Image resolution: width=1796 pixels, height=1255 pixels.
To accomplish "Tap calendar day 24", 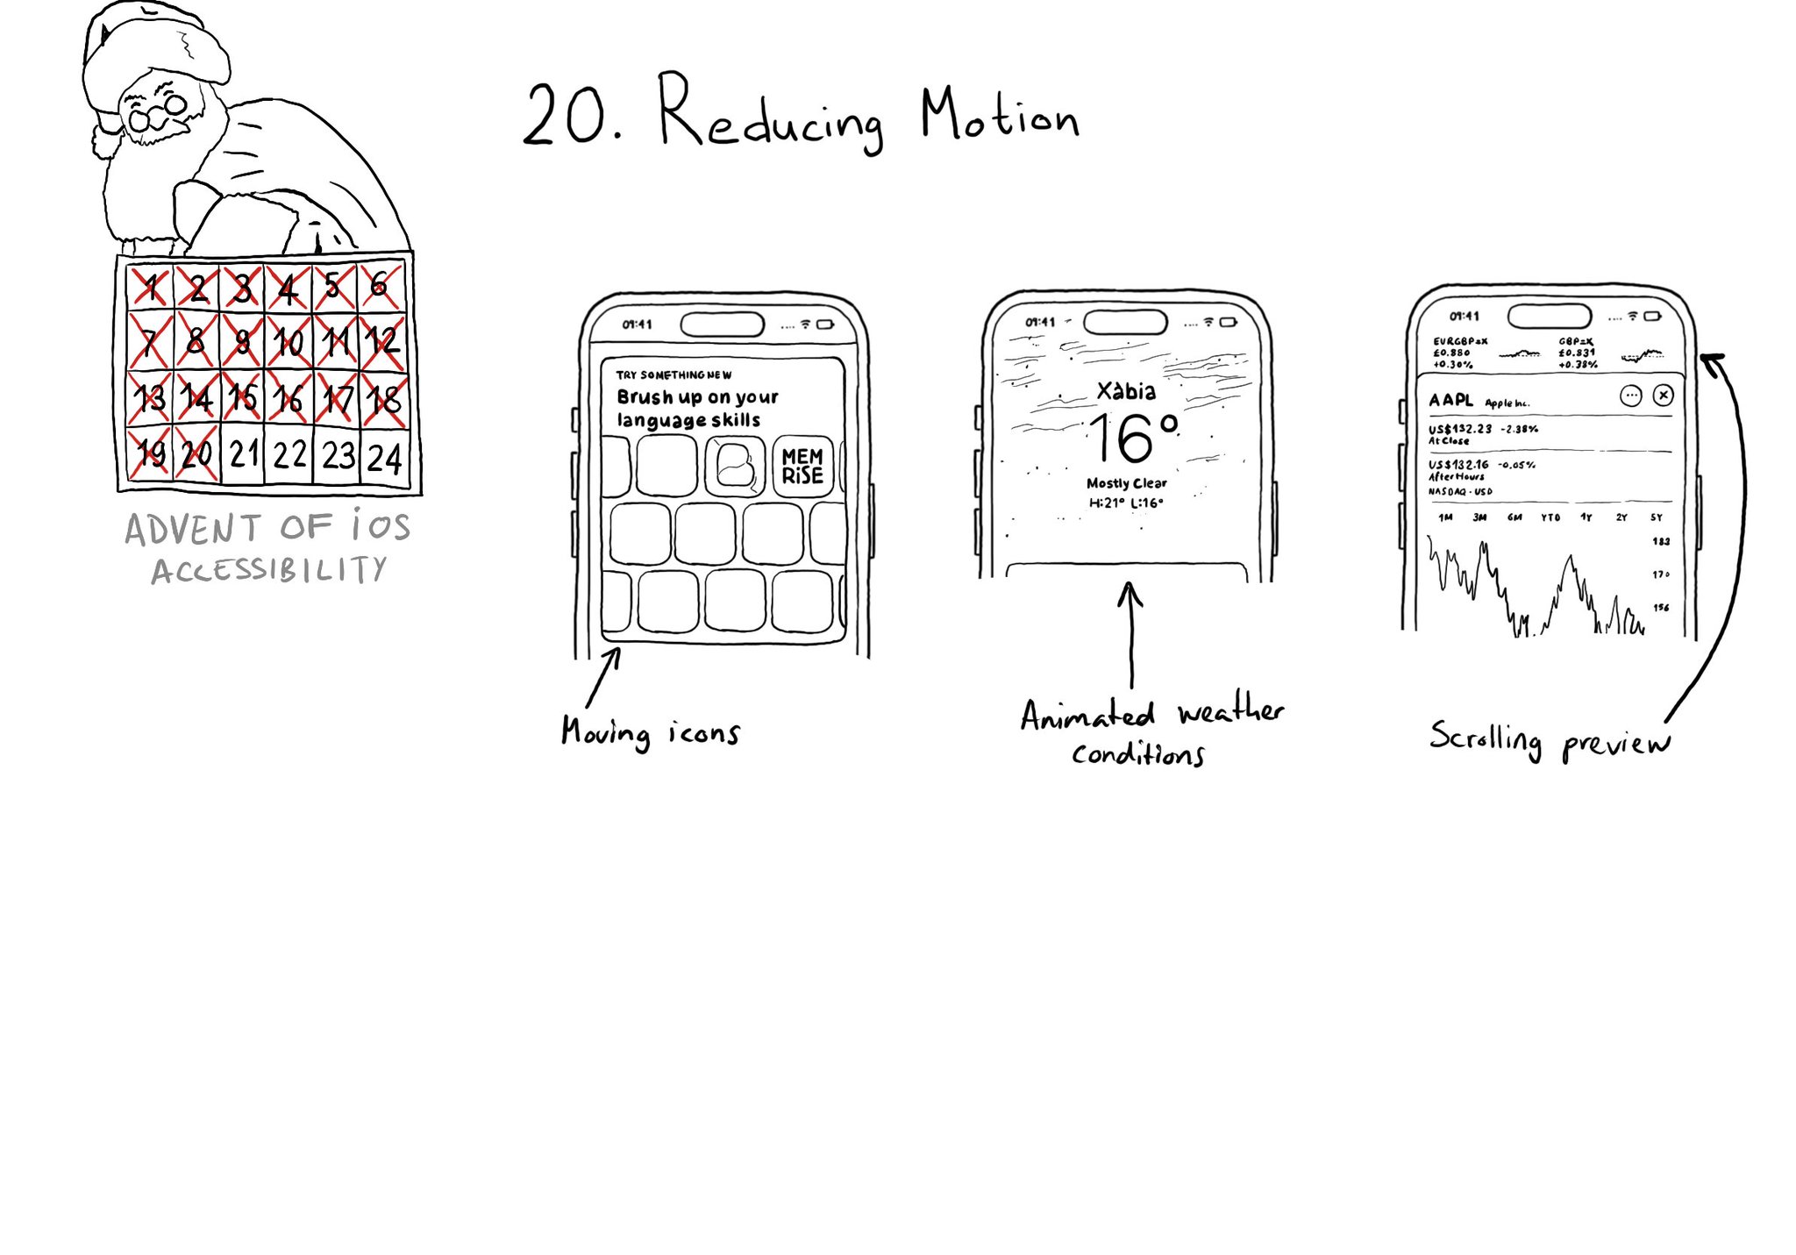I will pyautogui.click(x=384, y=458).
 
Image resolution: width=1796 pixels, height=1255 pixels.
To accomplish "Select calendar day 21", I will pyautogui.click(x=244, y=454).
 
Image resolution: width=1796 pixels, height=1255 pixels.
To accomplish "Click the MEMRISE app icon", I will pyautogui.click(x=802, y=467).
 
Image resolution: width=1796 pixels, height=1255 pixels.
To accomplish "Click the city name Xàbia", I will pyautogui.click(x=1126, y=391).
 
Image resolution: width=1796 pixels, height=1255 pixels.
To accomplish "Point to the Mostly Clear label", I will pyautogui.click(x=1126, y=483).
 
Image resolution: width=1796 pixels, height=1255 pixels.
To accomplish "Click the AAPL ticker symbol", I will pyautogui.click(x=1450, y=400).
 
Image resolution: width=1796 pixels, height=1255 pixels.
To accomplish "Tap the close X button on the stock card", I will pyautogui.click(x=1663, y=396).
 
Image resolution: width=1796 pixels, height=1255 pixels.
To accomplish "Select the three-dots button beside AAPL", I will pyautogui.click(x=1630, y=396).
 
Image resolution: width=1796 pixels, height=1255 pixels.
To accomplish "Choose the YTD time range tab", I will pyautogui.click(x=1550, y=517).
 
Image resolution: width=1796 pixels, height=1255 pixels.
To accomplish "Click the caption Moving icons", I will pyautogui.click(x=651, y=732).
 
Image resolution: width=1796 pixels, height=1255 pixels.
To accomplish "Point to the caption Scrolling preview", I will pyautogui.click(x=1550, y=742).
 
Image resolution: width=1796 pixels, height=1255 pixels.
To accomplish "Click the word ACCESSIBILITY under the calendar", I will pyautogui.click(x=268, y=571).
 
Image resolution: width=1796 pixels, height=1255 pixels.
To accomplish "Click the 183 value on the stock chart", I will pyautogui.click(x=1661, y=541).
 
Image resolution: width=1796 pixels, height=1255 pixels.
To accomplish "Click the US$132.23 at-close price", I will pyautogui.click(x=1460, y=429).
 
